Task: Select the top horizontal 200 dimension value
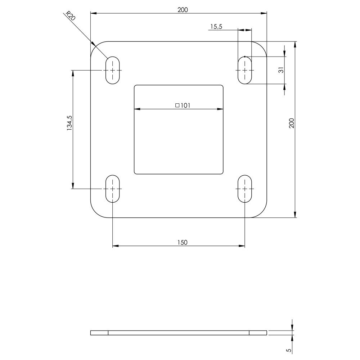click(x=183, y=10)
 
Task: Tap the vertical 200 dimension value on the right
click(x=292, y=123)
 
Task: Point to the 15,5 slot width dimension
click(x=216, y=27)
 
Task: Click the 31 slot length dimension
click(x=282, y=70)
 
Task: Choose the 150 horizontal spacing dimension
click(x=183, y=242)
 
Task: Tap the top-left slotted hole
click(x=113, y=70)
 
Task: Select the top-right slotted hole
click(x=245, y=70)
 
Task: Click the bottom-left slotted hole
click(x=113, y=189)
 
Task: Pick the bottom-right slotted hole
click(x=245, y=189)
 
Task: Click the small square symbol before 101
click(x=177, y=105)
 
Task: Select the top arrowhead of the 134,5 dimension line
click(x=73, y=72)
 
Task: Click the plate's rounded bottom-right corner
click(x=262, y=213)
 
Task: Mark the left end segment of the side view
click(x=99, y=333)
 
